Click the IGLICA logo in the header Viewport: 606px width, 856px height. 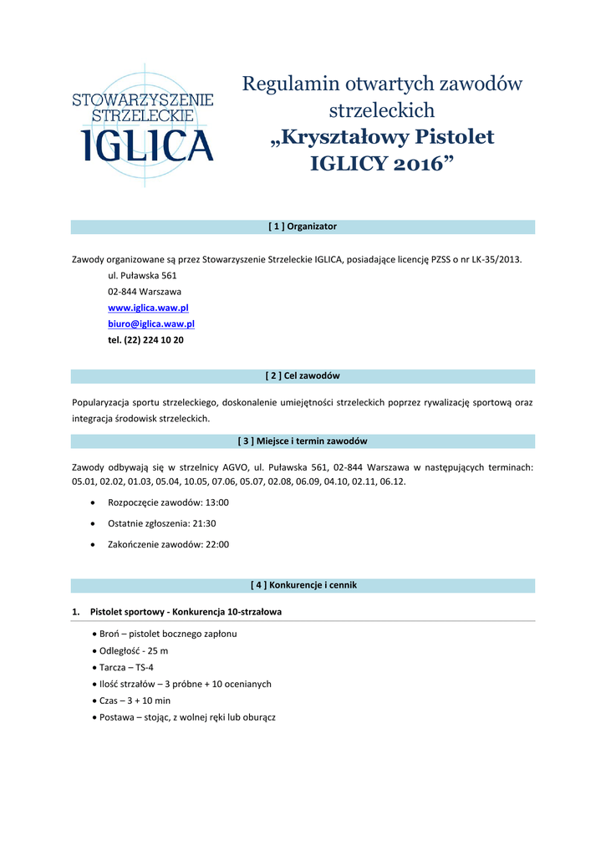click(143, 125)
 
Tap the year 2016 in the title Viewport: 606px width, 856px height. click(415, 163)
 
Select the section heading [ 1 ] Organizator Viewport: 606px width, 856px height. click(303, 227)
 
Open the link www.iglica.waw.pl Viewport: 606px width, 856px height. click(148, 308)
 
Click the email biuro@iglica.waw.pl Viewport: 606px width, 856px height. click(151, 324)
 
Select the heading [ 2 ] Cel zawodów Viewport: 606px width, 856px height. click(303, 376)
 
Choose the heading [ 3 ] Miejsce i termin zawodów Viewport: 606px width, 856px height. click(303, 441)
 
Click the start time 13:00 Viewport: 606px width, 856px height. click(217, 503)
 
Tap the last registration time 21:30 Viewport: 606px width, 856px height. click(205, 523)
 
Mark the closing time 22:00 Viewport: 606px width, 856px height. click(217, 544)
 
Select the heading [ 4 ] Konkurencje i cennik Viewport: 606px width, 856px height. click(303, 585)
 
